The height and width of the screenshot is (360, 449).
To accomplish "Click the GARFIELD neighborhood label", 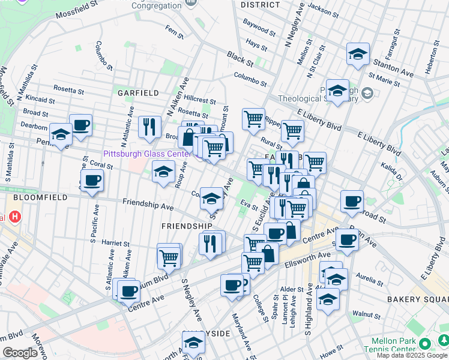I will tap(138, 93).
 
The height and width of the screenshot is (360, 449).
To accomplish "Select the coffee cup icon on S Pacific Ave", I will tap(92, 180).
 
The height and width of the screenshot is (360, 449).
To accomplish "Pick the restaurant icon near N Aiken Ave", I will tap(149, 127).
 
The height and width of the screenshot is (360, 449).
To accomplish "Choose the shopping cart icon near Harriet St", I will tap(169, 257).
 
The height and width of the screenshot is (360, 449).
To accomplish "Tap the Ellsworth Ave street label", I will tap(288, 253).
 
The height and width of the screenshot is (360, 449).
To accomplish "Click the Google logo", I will tap(20, 353).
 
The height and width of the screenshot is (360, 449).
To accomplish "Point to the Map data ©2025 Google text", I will tap(411, 355).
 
